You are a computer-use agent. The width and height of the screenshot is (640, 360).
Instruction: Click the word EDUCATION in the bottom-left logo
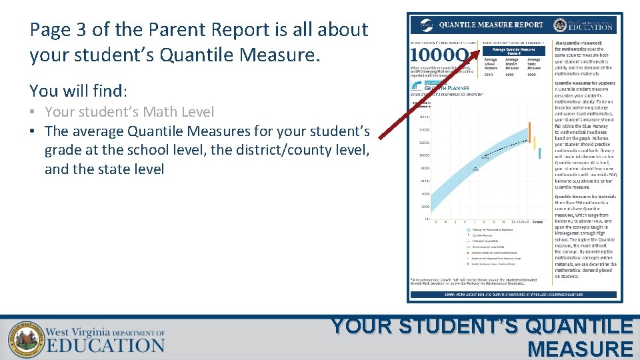[x=105, y=345]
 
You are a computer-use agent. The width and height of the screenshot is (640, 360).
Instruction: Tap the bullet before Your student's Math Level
[x=33, y=113]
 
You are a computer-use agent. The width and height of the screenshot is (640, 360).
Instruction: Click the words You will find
[x=78, y=90]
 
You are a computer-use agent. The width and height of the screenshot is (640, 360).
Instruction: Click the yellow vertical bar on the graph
[x=534, y=142]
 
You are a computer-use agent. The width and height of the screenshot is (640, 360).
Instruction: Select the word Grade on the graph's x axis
[x=537, y=221]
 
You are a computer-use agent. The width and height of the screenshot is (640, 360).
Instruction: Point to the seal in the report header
[x=559, y=25]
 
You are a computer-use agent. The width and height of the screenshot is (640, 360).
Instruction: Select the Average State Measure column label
[x=534, y=63]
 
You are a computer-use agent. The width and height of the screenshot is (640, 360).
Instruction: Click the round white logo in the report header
[x=427, y=25]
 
